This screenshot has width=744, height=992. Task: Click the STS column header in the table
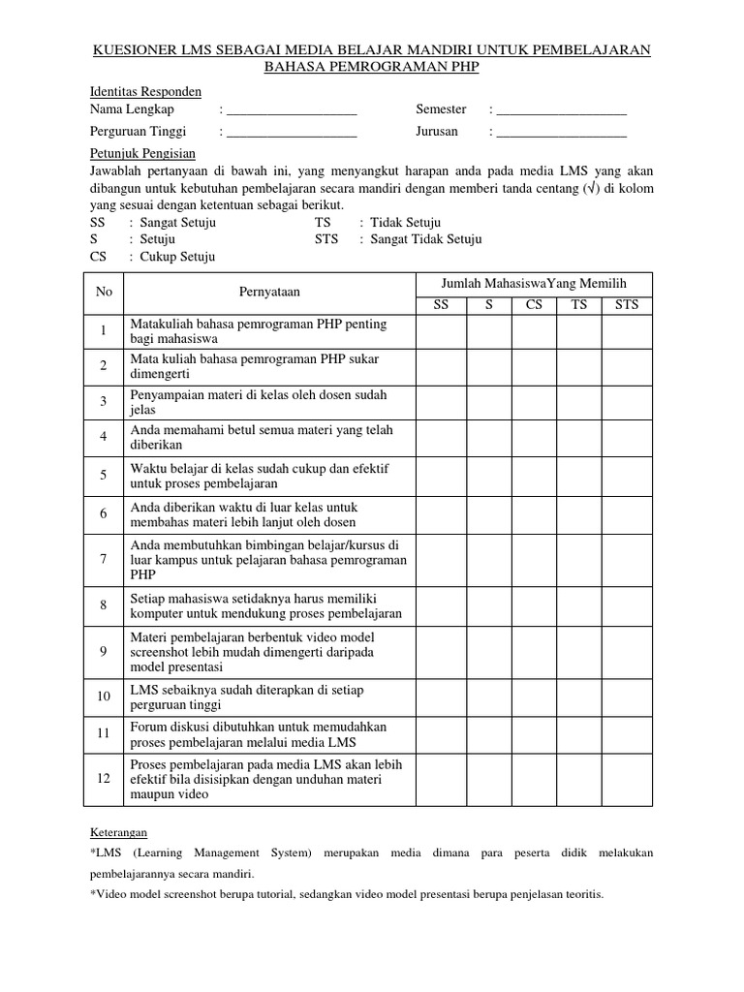pyautogui.click(x=627, y=305)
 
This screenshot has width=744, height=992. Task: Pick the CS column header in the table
pyautogui.click(x=534, y=305)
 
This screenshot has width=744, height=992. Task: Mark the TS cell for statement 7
pyautogui.click(x=579, y=560)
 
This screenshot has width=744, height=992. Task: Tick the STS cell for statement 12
pyautogui.click(x=627, y=781)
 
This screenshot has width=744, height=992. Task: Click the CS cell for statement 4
pyautogui.click(x=534, y=437)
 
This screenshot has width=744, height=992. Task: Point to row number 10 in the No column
pyautogui.click(x=104, y=697)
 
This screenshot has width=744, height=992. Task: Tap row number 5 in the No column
pyautogui.click(x=104, y=475)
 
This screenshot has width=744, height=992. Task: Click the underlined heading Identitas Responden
pyautogui.click(x=146, y=92)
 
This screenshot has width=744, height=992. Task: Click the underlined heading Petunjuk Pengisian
pyautogui.click(x=143, y=153)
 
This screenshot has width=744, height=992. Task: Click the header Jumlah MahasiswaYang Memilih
pyautogui.click(x=534, y=283)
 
